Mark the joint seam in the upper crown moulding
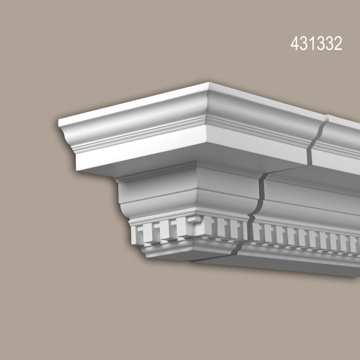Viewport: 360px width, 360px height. click(318, 140)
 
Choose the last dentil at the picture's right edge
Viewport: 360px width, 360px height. click(354, 243)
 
